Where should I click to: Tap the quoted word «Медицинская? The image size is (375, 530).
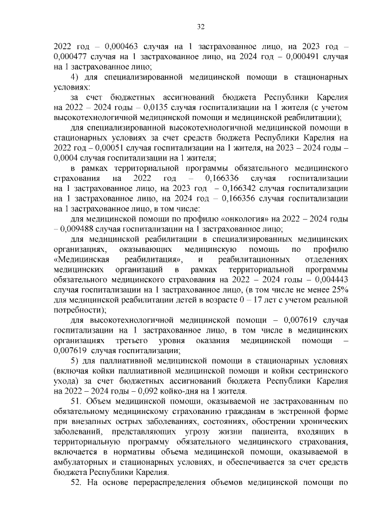pyautogui.click(x=81, y=259)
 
